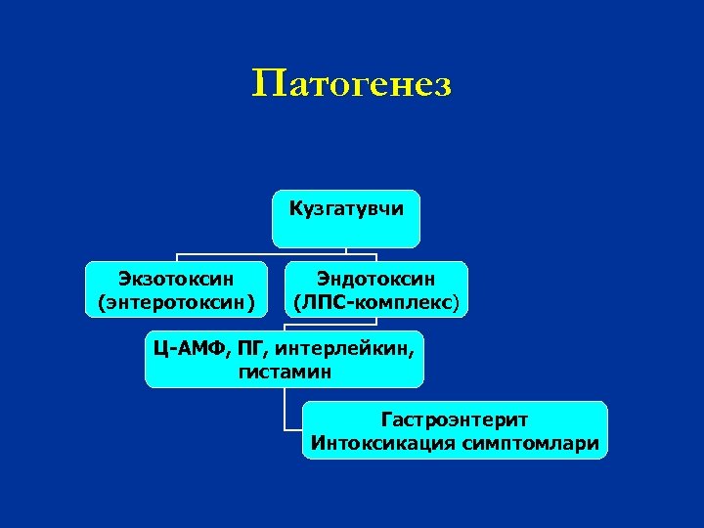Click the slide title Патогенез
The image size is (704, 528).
click(351, 85)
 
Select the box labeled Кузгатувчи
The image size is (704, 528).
click(346, 217)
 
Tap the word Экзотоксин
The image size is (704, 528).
click(176, 280)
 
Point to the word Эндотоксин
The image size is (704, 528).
click(375, 280)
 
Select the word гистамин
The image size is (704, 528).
click(285, 372)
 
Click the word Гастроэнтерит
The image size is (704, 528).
click(455, 419)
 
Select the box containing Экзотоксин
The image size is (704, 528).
click(176, 290)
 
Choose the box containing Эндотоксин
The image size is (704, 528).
click(375, 290)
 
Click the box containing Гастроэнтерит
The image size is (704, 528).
click(455, 430)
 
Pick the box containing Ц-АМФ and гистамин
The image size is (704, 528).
click(285, 359)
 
